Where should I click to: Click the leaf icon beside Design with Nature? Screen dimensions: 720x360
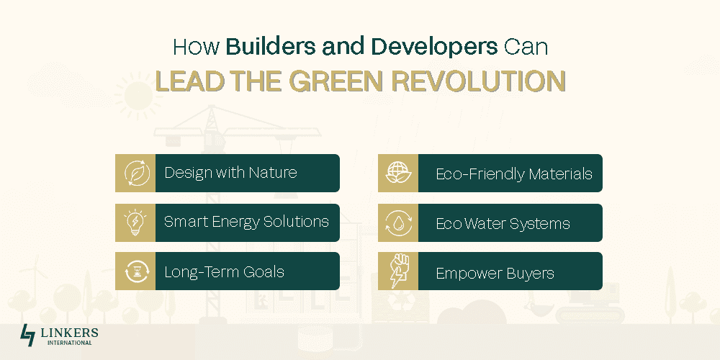[x=137, y=173]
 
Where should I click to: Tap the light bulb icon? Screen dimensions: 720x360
[x=135, y=222]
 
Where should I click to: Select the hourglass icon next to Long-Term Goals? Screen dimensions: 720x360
[x=137, y=272]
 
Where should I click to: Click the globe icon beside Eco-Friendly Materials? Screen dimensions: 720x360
[x=399, y=173]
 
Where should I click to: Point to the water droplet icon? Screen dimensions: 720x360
[x=399, y=223]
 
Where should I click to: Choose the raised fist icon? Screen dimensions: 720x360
[x=399, y=271]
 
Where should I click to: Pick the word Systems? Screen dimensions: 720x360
[x=543, y=224]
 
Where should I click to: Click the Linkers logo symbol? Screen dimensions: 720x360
[x=27, y=336]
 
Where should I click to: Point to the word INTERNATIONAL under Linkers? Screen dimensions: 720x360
[x=69, y=343]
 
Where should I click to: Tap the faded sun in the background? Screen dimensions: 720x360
[x=138, y=94]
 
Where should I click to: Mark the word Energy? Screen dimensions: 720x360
[x=235, y=222]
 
